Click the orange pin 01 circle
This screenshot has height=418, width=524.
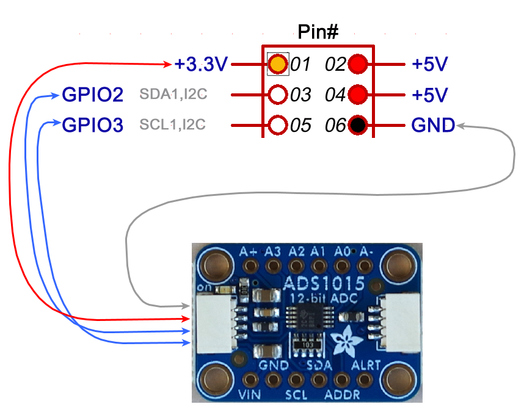tap(278, 63)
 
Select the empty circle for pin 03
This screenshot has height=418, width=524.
tap(278, 95)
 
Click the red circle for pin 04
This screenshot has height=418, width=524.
tap(358, 95)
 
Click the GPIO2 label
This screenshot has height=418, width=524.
tap(93, 95)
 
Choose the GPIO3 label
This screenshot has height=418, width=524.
tap(93, 126)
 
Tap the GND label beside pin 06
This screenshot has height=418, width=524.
tap(433, 126)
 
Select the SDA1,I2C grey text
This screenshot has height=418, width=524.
tap(172, 95)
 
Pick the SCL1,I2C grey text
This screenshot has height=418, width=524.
tap(172, 126)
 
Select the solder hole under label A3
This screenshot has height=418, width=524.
tap(273, 266)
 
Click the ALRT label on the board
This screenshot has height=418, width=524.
tap(366, 366)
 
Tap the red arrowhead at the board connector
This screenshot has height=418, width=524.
tap(187, 319)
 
